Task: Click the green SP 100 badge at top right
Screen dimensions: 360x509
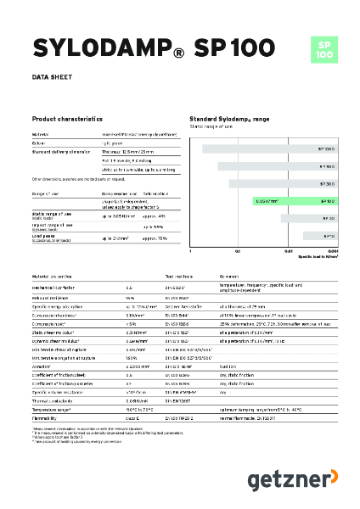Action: coord(323,48)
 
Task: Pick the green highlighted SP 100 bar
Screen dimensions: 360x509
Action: coord(297,201)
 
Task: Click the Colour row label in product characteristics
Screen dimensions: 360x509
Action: coord(40,143)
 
